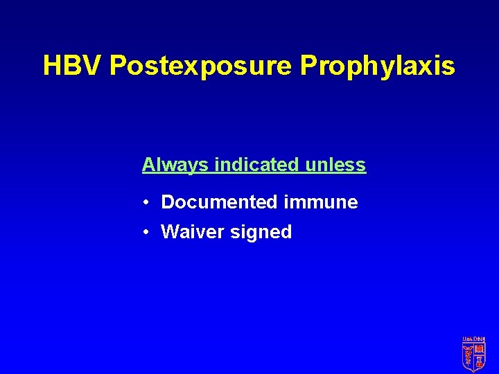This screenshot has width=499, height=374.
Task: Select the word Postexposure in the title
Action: [x=202, y=66]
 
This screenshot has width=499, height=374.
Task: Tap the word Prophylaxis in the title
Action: [x=378, y=66]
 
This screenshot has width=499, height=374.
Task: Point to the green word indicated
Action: [x=256, y=165]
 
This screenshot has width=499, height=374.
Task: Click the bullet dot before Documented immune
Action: [x=148, y=203]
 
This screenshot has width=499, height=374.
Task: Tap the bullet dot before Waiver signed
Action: [x=148, y=233]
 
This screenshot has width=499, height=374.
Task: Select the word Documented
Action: [x=219, y=202]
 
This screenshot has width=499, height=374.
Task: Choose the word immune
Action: [x=320, y=202]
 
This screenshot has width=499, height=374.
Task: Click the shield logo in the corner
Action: [x=474, y=356]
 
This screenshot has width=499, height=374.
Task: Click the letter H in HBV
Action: [x=51, y=66]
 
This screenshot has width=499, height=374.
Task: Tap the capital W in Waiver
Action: [x=170, y=232]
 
